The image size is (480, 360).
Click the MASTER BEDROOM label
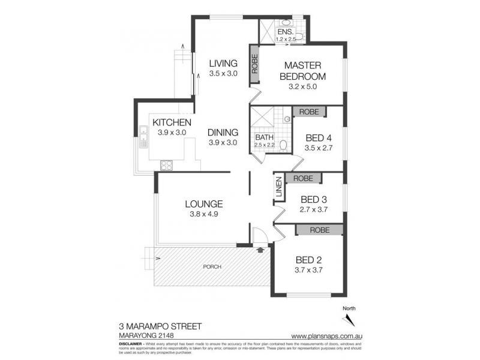point(305,70)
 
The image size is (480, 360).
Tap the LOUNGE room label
point(205,203)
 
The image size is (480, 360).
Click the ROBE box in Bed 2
point(318,229)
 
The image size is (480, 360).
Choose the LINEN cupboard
point(278,189)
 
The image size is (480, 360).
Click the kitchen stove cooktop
point(166,165)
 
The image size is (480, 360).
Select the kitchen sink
point(143,137)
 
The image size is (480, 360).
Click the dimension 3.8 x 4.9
point(205,214)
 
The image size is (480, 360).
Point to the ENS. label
point(285,32)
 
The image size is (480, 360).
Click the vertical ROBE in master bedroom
point(254,64)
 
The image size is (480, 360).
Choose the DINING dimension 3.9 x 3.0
point(223,143)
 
